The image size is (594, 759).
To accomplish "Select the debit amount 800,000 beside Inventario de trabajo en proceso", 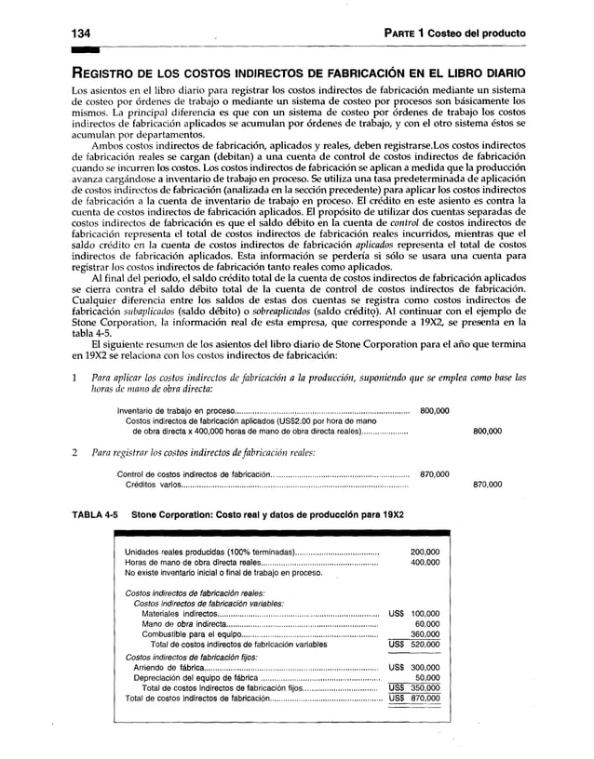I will [437, 410].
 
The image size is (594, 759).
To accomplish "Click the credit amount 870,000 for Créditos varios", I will [489, 485].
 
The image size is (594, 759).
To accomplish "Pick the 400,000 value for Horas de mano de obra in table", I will [425, 563].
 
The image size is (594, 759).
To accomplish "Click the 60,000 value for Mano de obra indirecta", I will [428, 625].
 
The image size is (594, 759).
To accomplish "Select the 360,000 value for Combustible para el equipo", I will [425, 635].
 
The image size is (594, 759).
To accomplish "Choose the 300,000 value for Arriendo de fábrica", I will [425, 668].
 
